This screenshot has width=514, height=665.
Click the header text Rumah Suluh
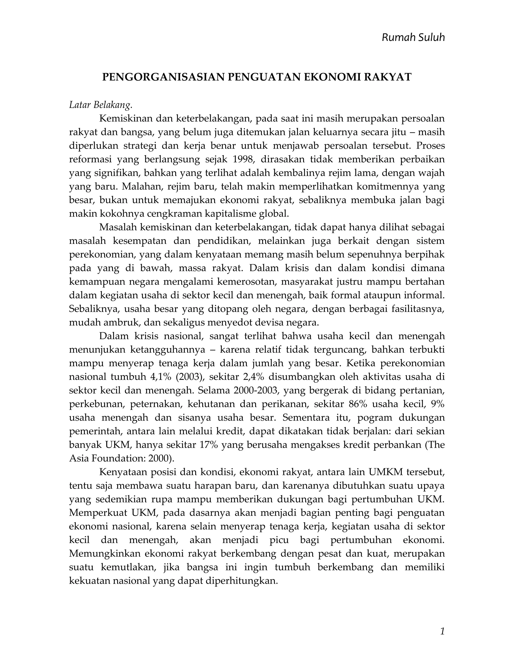point(413,37)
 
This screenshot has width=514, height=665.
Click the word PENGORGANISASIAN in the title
point(164,77)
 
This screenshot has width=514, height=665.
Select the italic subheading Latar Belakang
point(101,105)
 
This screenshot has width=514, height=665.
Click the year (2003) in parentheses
point(189,377)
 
